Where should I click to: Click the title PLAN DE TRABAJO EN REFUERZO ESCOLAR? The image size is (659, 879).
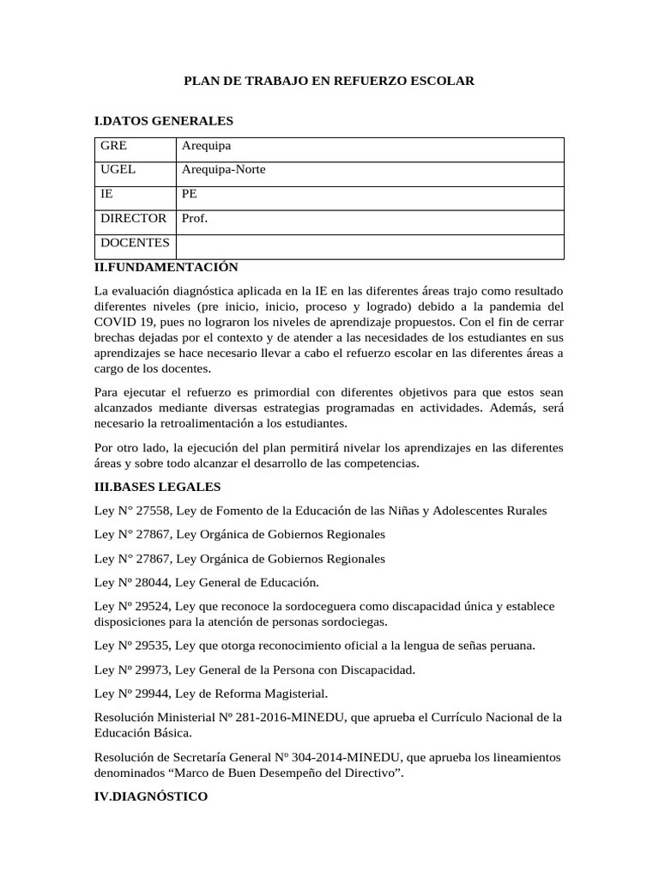click(x=329, y=81)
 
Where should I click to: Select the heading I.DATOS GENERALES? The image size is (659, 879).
click(x=163, y=121)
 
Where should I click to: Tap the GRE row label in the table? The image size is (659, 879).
click(x=113, y=146)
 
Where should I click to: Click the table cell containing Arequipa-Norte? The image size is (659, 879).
click(x=224, y=170)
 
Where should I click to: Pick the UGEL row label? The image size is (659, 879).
click(x=118, y=170)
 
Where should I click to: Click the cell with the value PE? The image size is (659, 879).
click(x=190, y=195)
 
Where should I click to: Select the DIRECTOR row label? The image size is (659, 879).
click(x=133, y=219)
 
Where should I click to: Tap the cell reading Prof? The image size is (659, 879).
click(x=195, y=219)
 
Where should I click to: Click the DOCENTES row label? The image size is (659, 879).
click(x=135, y=244)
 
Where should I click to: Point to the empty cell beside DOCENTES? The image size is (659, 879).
click(x=369, y=246)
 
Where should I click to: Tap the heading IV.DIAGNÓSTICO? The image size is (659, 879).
click(x=151, y=797)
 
